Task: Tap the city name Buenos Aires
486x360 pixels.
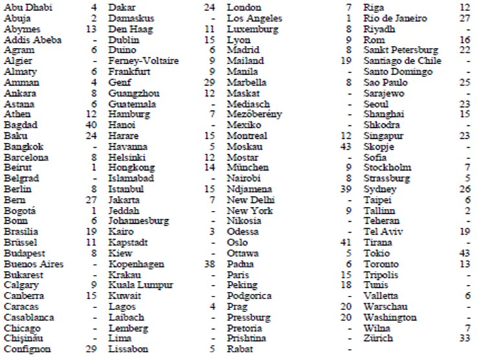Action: pos(33,264)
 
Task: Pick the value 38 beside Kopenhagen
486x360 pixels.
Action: pos(208,264)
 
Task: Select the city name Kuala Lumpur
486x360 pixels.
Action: pos(141,285)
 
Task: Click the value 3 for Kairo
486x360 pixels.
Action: pos(211,232)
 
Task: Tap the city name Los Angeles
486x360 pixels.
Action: pos(254,18)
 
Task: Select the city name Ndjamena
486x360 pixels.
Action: pos(250,189)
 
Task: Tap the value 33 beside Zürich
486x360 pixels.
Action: pos(463,339)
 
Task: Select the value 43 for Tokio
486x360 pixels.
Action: pos(463,253)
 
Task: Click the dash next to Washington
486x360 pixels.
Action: pos(467,317)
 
